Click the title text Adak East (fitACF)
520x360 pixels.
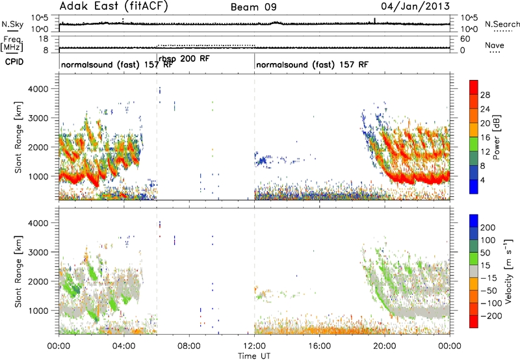pos(114,6)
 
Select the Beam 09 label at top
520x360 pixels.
pos(253,7)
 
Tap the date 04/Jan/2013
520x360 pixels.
pos(415,6)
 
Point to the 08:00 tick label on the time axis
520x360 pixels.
pos(189,346)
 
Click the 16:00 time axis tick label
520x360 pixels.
pos(319,346)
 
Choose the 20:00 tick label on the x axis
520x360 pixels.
pos(385,346)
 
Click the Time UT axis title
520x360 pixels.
pos(254,355)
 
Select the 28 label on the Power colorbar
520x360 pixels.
pos(485,95)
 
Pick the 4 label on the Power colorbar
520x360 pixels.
pos(483,181)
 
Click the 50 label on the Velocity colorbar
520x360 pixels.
pos(485,253)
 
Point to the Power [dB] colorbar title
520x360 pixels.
pos(497,138)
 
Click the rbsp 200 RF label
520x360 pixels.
pos(185,58)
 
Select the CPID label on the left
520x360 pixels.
pos(14,62)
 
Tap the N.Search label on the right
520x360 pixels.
pos(502,24)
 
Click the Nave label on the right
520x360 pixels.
pos(495,45)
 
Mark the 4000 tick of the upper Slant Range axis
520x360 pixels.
pos(38,89)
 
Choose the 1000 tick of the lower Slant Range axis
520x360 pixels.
pos(38,311)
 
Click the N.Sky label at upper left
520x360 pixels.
pos(12,24)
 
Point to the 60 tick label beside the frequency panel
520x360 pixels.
pos(465,39)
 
